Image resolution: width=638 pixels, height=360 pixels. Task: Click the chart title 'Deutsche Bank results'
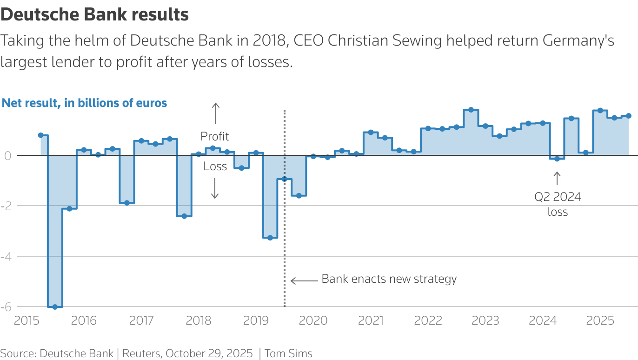(94, 15)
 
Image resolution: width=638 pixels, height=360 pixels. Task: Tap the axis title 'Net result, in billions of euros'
(84, 103)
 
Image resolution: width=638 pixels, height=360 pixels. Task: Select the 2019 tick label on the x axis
(256, 321)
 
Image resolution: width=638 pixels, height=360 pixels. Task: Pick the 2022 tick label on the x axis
(428, 321)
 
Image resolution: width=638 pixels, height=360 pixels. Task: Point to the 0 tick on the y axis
(7, 155)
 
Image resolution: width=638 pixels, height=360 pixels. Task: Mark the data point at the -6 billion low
(55, 307)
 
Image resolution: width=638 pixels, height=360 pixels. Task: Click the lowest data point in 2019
(270, 238)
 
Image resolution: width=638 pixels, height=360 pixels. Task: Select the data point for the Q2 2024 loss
(557, 159)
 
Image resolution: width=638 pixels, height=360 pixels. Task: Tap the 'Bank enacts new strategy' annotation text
(389, 279)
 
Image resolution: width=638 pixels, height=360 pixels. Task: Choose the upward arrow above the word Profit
(215, 113)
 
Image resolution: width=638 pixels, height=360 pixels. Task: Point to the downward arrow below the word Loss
(215, 188)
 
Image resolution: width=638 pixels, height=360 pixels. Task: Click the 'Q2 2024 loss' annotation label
(558, 204)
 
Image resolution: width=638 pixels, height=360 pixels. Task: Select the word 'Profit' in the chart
(215, 136)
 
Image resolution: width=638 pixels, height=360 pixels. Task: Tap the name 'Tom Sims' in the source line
(288, 353)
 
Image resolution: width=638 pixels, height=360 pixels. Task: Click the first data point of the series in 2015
(40, 135)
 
